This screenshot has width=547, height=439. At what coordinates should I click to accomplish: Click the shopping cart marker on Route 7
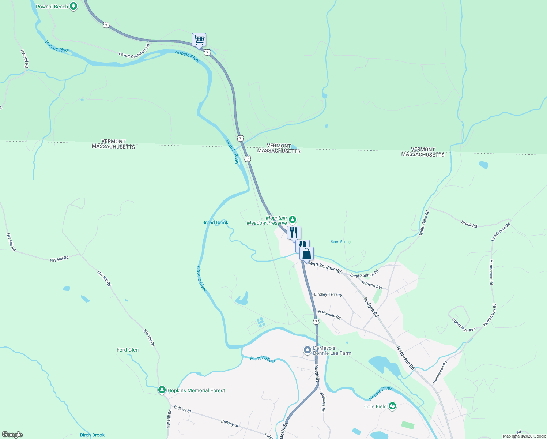click(199, 40)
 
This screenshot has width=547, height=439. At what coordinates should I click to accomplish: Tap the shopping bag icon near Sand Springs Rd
click(306, 254)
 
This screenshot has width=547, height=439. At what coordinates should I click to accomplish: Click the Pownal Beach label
click(52, 7)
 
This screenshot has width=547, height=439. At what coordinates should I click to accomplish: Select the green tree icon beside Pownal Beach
click(73, 6)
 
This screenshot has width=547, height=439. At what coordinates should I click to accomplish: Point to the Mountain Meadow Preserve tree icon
click(292, 219)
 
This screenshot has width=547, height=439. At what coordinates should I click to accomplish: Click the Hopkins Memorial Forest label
click(196, 390)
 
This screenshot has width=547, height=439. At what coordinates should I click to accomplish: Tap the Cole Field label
click(375, 406)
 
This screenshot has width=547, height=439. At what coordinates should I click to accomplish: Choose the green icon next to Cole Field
click(392, 406)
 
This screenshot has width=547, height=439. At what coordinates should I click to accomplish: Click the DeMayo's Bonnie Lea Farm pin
click(308, 350)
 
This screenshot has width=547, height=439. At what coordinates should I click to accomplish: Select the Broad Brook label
click(215, 222)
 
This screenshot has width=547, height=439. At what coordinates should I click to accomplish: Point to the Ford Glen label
click(128, 350)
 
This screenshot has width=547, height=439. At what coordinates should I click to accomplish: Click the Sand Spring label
click(340, 242)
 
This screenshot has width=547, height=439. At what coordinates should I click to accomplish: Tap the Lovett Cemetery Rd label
click(134, 52)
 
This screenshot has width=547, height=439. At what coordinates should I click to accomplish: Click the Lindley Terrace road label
click(328, 294)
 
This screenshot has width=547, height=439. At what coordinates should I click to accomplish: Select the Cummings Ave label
click(464, 325)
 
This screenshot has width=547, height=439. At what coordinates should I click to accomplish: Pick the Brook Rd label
click(469, 224)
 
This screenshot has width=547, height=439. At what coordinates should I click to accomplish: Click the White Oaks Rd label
click(424, 222)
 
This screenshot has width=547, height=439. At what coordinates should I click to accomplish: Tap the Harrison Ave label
click(371, 285)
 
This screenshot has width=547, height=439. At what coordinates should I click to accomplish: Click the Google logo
click(12, 435)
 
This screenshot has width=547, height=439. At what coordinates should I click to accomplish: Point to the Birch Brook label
click(92, 435)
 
